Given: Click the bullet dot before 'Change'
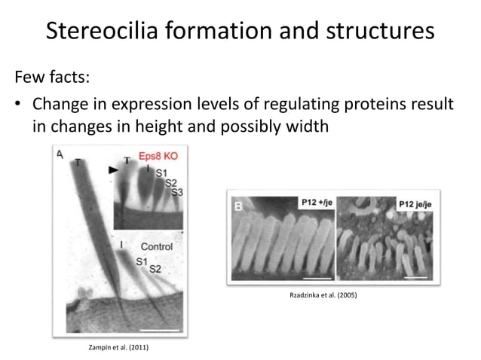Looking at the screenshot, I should point(19,105).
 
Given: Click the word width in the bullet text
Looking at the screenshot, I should point(305,127).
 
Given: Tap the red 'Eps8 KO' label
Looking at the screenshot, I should point(158,160).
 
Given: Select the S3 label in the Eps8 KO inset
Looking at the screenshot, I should point(176,193).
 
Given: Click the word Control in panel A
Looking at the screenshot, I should point(156,246).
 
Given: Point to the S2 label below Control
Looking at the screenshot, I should point(155,269).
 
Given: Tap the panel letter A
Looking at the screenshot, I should point(60,154).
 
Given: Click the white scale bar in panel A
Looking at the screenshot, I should point(161,328).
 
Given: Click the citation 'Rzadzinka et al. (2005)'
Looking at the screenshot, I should point(323,295).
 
